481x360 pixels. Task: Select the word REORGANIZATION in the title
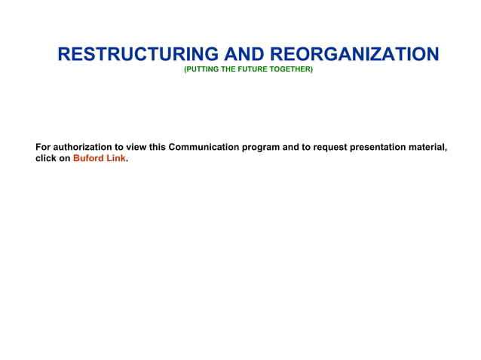(x=354, y=54)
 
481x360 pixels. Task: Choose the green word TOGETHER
(x=290, y=69)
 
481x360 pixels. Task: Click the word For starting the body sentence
(x=44, y=147)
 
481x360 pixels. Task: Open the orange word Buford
(x=88, y=159)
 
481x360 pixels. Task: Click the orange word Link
(x=115, y=159)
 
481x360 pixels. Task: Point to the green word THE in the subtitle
(x=228, y=69)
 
